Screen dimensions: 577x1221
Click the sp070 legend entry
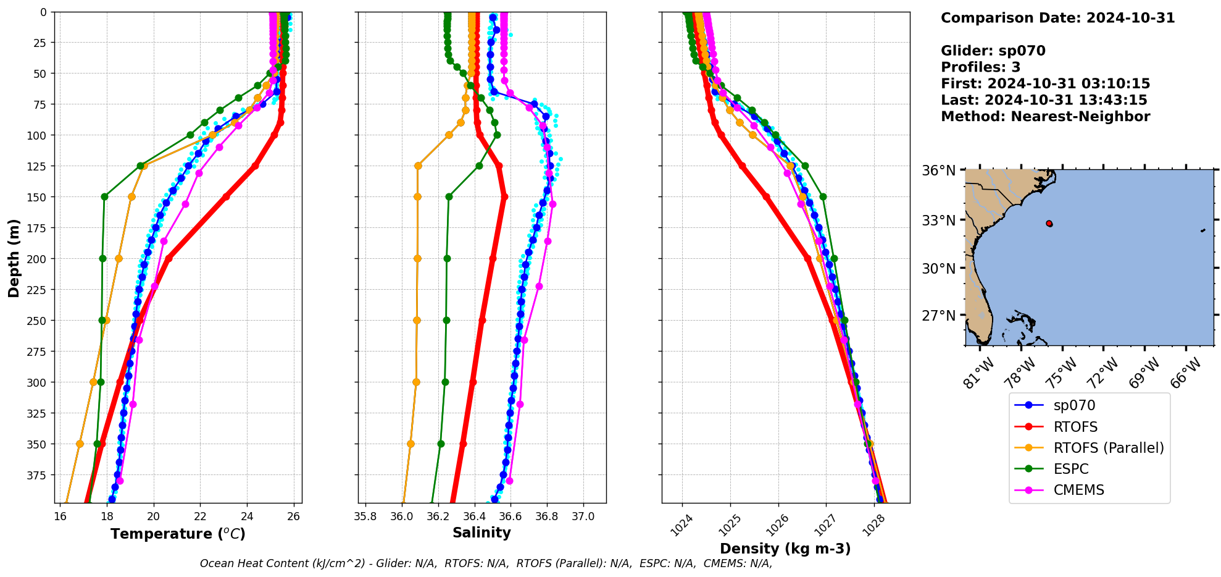1074,405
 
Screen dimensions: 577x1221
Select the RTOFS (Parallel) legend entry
1108,448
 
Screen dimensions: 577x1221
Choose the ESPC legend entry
1070,469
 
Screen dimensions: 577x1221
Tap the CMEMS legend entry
1078,490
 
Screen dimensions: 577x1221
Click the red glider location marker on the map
1049,224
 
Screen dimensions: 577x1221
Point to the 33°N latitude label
938,221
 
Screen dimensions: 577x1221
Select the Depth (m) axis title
14,258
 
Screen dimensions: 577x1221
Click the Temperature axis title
178,534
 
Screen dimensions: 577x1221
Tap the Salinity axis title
481,533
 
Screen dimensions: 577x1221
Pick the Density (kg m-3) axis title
785,549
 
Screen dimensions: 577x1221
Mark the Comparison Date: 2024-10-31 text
1057,18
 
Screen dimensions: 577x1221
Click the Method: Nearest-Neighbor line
1045,117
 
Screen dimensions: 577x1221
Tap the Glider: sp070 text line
993,51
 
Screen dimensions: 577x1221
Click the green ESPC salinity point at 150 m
449,197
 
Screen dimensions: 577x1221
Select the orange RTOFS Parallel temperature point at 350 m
80,444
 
